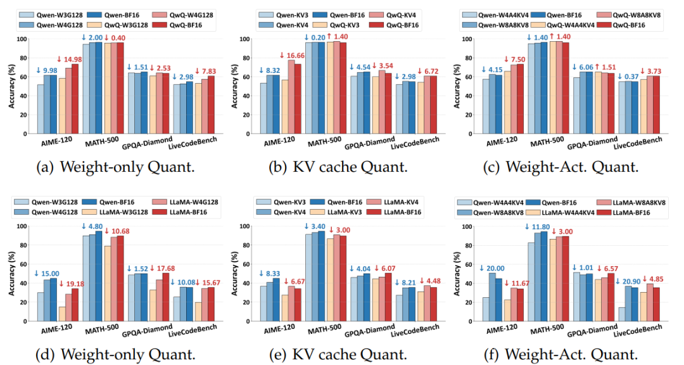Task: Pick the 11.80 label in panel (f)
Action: (x=539, y=227)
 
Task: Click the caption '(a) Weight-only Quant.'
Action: (x=115, y=168)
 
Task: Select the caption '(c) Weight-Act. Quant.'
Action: (x=569, y=168)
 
